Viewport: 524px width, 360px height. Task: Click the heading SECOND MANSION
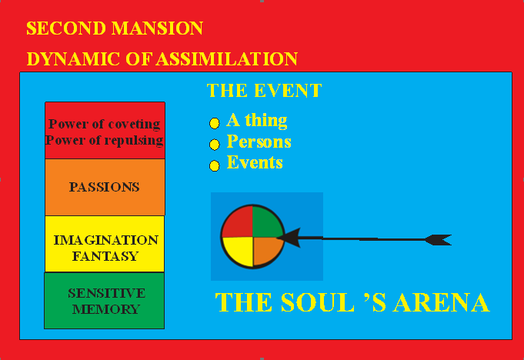click(x=115, y=29)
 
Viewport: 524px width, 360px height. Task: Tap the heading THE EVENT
click(x=264, y=91)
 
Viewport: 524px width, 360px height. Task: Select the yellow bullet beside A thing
click(x=215, y=123)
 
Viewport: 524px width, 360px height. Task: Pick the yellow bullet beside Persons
click(x=215, y=144)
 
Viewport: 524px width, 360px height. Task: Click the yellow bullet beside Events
click(x=215, y=165)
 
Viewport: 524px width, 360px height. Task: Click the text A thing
click(x=257, y=121)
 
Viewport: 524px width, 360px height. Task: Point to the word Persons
click(x=259, y=142)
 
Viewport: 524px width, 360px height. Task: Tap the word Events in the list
click(x=255, y=163)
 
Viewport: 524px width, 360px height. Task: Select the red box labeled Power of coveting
click(x=105, y=131)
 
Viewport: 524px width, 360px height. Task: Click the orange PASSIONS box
click(x=105, y=187)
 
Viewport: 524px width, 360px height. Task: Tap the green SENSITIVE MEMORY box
click(x=105, y=301)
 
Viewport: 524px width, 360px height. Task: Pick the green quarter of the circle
click(x=268, y=222)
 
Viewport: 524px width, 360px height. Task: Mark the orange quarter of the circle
click(x=266, y=251)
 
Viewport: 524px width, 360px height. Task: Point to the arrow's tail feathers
click(x=439, y=239)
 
